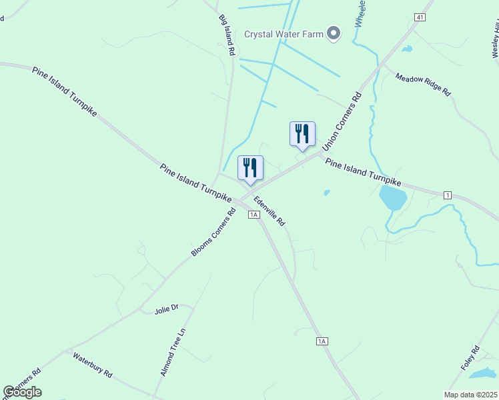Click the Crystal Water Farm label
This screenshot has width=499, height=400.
pyautogui.click(x=284, y=34)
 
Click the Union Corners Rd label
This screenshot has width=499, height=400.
pyautogui.click(x=342, y=121)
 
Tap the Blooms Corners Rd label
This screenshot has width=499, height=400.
pyautogui.click(x=213, y=233)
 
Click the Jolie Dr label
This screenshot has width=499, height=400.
pyautogui.click(x=167, y=309)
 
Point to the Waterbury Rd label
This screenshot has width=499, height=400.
pyautogui.click(x=93, y=364)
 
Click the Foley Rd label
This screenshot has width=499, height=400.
pyautogui.click(x=470, y=359)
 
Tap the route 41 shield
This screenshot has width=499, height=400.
pyautogui.click(x=419, y=17)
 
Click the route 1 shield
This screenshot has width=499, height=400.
pyautogui.click(x=447, y=194)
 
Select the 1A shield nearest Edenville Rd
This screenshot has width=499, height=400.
pyautogui.click(x=253, y=214)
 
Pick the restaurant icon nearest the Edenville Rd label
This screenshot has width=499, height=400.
pyautogui.click(x=250, y=168)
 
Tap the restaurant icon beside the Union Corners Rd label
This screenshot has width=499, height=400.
pyautogui.click(x=302, y=134)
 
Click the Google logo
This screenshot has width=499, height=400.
pyautogui.click(x=23, y=392)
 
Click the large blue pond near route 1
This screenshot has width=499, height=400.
pyautogui.click(x=392, y=197)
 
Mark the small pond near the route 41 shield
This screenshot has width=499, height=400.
pyautogui.click(x=406, y=49)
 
